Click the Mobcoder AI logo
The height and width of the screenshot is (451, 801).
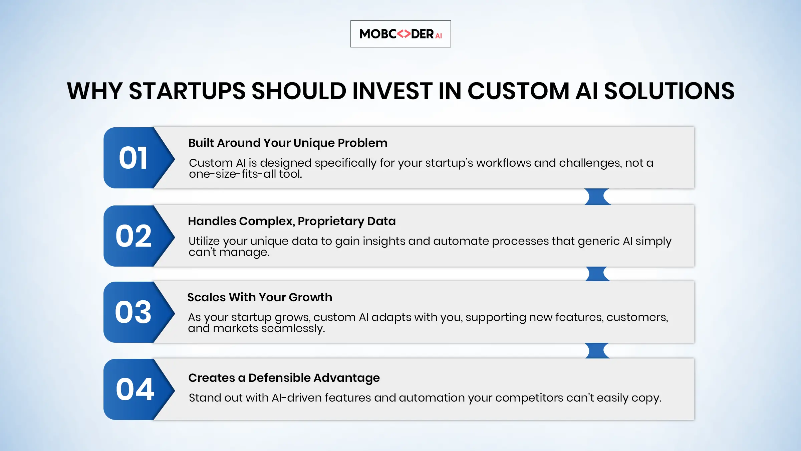[x=400, y=34]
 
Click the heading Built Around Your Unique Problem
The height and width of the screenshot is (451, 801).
[x=288, y=143]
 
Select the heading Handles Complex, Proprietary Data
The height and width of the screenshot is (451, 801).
[x=292, y=221]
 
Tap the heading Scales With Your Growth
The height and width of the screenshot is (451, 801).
[x=260, y=297]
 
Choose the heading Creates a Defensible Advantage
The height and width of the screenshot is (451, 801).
[x=284, y=378]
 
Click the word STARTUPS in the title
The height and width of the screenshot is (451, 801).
[x=187, y=91]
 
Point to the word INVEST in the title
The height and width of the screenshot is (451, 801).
[x=392, y=91]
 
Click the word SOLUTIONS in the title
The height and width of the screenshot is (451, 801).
[x=669, y=91]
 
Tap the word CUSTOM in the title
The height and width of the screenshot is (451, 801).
[x=518, y=91]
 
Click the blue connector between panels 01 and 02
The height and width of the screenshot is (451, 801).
[x=598, y=197]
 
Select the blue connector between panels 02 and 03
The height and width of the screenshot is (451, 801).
[x=598, y=274]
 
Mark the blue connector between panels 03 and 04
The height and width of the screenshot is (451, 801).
[x=598, y=351]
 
